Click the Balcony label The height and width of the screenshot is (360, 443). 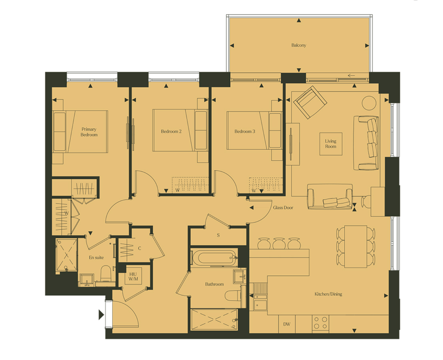(x=298, y=45)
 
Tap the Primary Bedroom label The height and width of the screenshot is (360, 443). (x=89, y=132)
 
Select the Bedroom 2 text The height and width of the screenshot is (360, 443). (x=171, y=131)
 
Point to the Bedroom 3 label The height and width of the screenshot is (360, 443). (x=245, y=131)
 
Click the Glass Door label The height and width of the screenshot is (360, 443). (x=283, y=208)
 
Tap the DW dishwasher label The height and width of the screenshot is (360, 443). (x=287, y=324)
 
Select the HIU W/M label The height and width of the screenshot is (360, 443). (x=133, y=276)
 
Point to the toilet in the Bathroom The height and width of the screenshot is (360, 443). (x=233, y=295)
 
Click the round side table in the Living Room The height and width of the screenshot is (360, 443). (x=369, y=103)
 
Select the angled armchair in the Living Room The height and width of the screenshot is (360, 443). (x=310, y=102)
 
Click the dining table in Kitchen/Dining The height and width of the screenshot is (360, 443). (x=355, y=246)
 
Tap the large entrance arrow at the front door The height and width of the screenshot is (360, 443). (x=101, y=315)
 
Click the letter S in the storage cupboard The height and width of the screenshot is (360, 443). (x=218, y=235)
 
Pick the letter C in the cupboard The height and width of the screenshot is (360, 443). (x=139, y=248)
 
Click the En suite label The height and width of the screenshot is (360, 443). (x=96, y=257)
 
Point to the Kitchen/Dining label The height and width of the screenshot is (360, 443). (x=328, y=294)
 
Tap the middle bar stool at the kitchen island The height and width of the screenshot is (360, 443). (x=279, y=243)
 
